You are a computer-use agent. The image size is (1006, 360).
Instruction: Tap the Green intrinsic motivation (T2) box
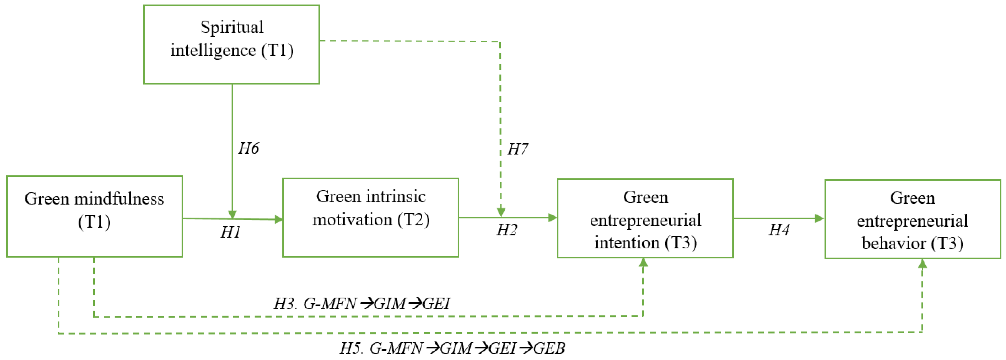point(370,218)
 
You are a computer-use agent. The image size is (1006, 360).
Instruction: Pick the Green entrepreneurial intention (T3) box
point(645,218)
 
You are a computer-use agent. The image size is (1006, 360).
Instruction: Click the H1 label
point(231,232)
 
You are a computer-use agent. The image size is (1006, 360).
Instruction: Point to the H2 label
point(507,230)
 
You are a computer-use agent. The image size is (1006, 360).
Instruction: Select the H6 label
point(248,148)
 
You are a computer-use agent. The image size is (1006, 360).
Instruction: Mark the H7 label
point(518,149)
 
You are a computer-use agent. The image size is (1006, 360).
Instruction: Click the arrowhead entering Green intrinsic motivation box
point(279,220)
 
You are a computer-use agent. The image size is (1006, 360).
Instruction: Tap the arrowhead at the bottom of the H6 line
point(232,214)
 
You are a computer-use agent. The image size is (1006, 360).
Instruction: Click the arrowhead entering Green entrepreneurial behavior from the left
point(819,218)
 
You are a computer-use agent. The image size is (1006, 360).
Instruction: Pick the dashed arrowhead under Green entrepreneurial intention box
point(643,262)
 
